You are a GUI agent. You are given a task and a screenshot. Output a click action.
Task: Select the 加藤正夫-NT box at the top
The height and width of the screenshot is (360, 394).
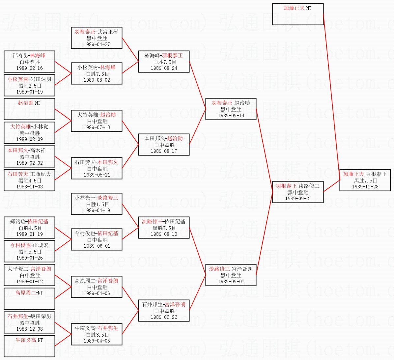pyautogui.click(x=298, y=14)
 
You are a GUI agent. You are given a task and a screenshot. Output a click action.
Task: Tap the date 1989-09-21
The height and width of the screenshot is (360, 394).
pyautogui.click(x=298, y=199)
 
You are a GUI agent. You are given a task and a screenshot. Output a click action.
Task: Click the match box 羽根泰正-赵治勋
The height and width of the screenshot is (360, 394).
pyautogui.click(x=231, y=109)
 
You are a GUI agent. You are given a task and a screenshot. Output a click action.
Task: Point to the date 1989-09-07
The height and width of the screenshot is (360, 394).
pyautogui.click(x=231, y=282)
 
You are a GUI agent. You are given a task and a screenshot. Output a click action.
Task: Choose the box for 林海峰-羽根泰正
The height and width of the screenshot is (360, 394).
pyautogui.click(x=164, y=62)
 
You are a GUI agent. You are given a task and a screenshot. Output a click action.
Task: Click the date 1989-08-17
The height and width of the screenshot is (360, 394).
pyautogui.click(x=164, y=151)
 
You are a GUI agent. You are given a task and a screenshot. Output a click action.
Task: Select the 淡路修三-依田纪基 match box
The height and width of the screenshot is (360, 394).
pyautogui.click(x=164, y=228)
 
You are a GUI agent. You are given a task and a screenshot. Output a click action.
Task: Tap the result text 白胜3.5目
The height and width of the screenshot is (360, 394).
pyautogui.click(x=97, y=335)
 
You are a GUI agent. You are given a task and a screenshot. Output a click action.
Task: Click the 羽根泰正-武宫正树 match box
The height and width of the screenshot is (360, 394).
pyautogui.click(x=97, y=38)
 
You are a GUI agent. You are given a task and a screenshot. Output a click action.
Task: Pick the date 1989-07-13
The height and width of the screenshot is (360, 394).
pyautogui.click(x=97, y=127)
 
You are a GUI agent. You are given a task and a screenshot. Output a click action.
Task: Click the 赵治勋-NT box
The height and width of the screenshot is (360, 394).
pyautogui.click(x=29, y=109)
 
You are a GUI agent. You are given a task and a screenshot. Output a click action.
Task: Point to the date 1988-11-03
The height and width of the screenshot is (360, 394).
pyautogui.click(x=30, y=187)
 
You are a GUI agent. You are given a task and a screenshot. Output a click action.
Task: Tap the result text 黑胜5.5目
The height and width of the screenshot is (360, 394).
pyautogui.click(x=30, y=252)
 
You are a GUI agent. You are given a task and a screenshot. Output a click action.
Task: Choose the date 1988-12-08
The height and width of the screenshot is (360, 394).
pyautogui.click(x=30, y=329)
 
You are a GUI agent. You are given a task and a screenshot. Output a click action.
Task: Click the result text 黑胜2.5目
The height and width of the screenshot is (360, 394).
pyautogui.click(x=30, y=86)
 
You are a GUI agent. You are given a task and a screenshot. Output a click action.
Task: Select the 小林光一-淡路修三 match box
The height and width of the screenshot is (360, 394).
pyautogui.click(x=97, y=204)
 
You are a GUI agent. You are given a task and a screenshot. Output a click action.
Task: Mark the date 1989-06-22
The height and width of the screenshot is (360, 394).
pyautogui.click(x=164, y=317)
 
